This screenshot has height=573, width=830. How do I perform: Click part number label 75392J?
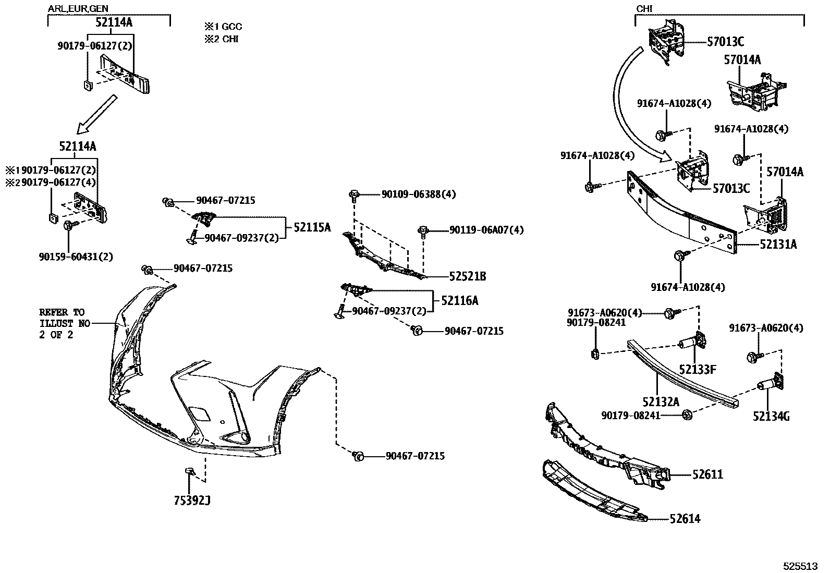tap(192, 501)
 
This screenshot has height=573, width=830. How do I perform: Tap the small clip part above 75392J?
tap(189, 472)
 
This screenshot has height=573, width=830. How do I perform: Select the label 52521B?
tap(468, 277)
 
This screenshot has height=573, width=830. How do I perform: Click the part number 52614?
tap(685, 519)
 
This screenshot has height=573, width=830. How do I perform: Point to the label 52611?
tap(707, 474)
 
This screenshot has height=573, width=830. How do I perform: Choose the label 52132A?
tap(661, 401)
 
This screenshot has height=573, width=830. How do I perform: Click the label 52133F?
tap(697, 370)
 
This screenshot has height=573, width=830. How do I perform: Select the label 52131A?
tap(778, 245)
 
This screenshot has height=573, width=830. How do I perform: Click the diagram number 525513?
tap(802, 566)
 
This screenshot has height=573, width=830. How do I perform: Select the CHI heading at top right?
tap(644, 9)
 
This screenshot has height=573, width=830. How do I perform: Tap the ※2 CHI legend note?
tap(222, 39)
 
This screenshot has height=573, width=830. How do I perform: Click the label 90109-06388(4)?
tap(418, 194)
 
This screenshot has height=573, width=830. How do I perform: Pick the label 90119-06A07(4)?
tap(486, 230)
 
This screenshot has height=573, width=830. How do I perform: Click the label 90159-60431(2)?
tap(76, 257)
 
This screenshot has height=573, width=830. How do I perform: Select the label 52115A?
tap(312, 227)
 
